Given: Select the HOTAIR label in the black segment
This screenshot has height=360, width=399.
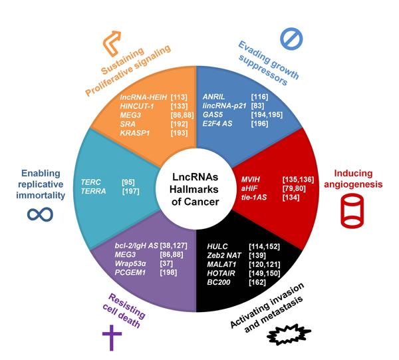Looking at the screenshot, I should click(219, 271).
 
